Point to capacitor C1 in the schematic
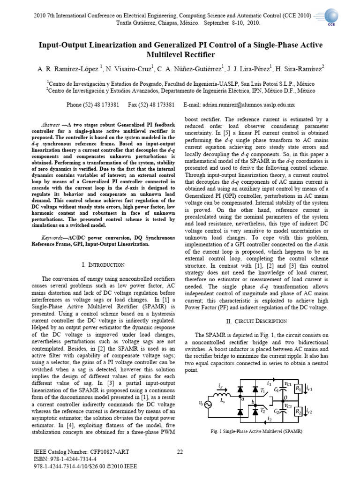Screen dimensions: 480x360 [282, 390]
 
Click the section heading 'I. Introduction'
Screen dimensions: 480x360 [103, 265]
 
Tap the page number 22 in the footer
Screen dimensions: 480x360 [180, 451]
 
